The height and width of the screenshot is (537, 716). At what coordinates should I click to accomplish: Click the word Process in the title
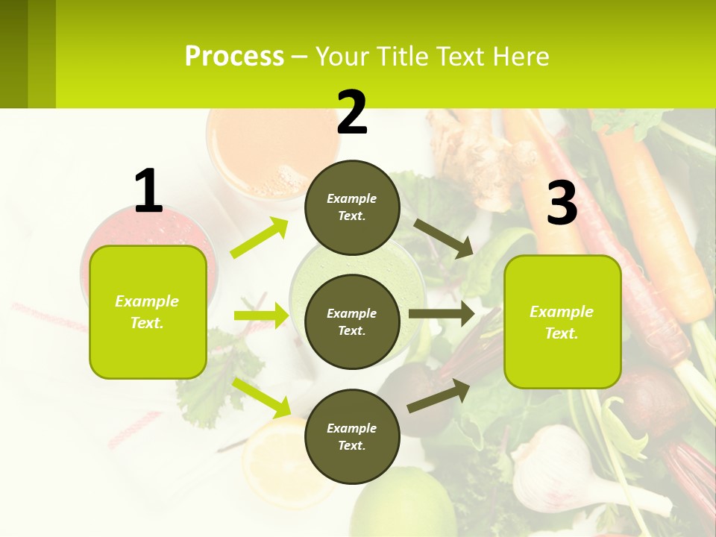click(234, 57)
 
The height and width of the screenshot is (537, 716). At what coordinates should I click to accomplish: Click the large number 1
click(148, 192)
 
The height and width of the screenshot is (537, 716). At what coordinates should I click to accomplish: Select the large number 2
click(352, 113)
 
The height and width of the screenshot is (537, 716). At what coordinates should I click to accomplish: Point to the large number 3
click(562, 204)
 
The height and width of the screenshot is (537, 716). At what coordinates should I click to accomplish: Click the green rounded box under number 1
click(148, 312)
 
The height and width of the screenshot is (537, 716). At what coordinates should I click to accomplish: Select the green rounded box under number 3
click(562, 321)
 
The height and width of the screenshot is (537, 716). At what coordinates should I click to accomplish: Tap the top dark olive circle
click(352, 207)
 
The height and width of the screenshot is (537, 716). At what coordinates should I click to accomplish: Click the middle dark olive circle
click(352, 321)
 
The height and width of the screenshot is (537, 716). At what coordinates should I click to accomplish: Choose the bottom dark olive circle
click(352, 436)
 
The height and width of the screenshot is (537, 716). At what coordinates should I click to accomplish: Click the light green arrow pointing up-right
click(260, 238)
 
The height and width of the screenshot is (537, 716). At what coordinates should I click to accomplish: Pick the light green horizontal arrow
click(261, 315)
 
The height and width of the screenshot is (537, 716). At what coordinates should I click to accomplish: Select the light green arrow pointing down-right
click(262, 398)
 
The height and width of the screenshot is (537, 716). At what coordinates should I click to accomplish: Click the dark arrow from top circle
click(443, 238)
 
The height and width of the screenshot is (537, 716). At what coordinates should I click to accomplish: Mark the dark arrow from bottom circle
click(439, 395)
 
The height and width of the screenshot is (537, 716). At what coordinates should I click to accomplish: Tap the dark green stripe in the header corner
click(13, 54)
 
